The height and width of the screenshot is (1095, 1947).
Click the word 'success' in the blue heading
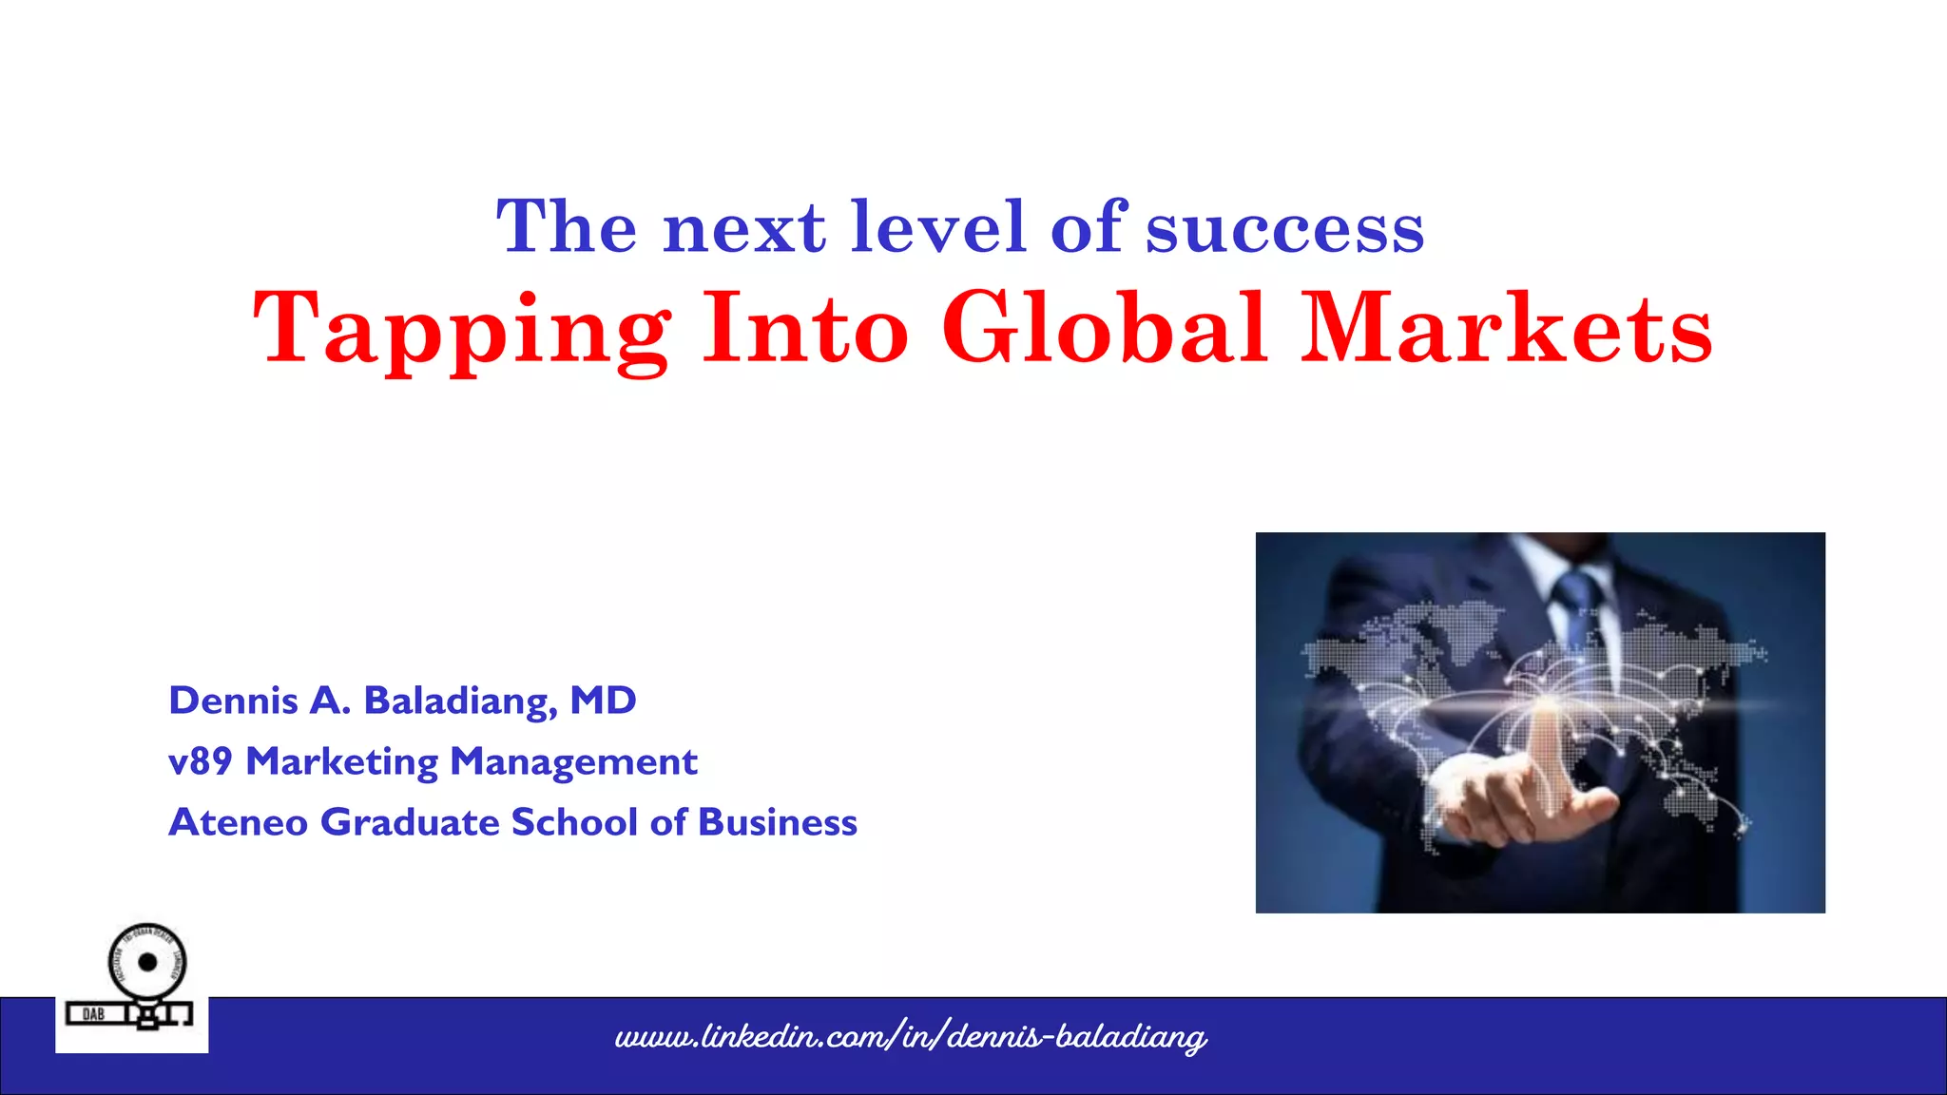pyautogui.click(x=1284, y=230)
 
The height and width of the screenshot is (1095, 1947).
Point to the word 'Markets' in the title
pyautogui.click(x=1506, y=328)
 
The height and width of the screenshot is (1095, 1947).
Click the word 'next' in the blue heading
pyautogui.click(x=744, y=230)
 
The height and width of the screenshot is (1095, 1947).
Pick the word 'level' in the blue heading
pyautogui.click(x=938, y=228)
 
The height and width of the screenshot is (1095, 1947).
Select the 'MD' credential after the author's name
pyautogui.click(x=603, y=701)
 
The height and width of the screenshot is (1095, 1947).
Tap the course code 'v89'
pyautogui.click(x=200, y=761)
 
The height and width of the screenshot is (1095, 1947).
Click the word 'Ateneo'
pyautogui.click(x=238, y=822)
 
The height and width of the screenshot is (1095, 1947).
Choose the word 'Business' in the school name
pyautogui.click(x=778, y=822)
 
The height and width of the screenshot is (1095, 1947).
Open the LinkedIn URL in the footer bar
pyautogui.click(x=910, y=1036)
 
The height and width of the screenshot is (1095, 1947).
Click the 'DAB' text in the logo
pyautogui.click(x=93, y=1014)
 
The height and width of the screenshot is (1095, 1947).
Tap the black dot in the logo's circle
pyautogui.click(x=147, y=962)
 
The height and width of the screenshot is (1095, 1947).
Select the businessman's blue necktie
pyautogui.click(x=1575, y=608)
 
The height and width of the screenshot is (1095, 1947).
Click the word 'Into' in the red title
pyautogui.click(x=805, y=328)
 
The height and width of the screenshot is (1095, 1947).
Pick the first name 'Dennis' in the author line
pyautogui.click(x=233, y=701)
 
